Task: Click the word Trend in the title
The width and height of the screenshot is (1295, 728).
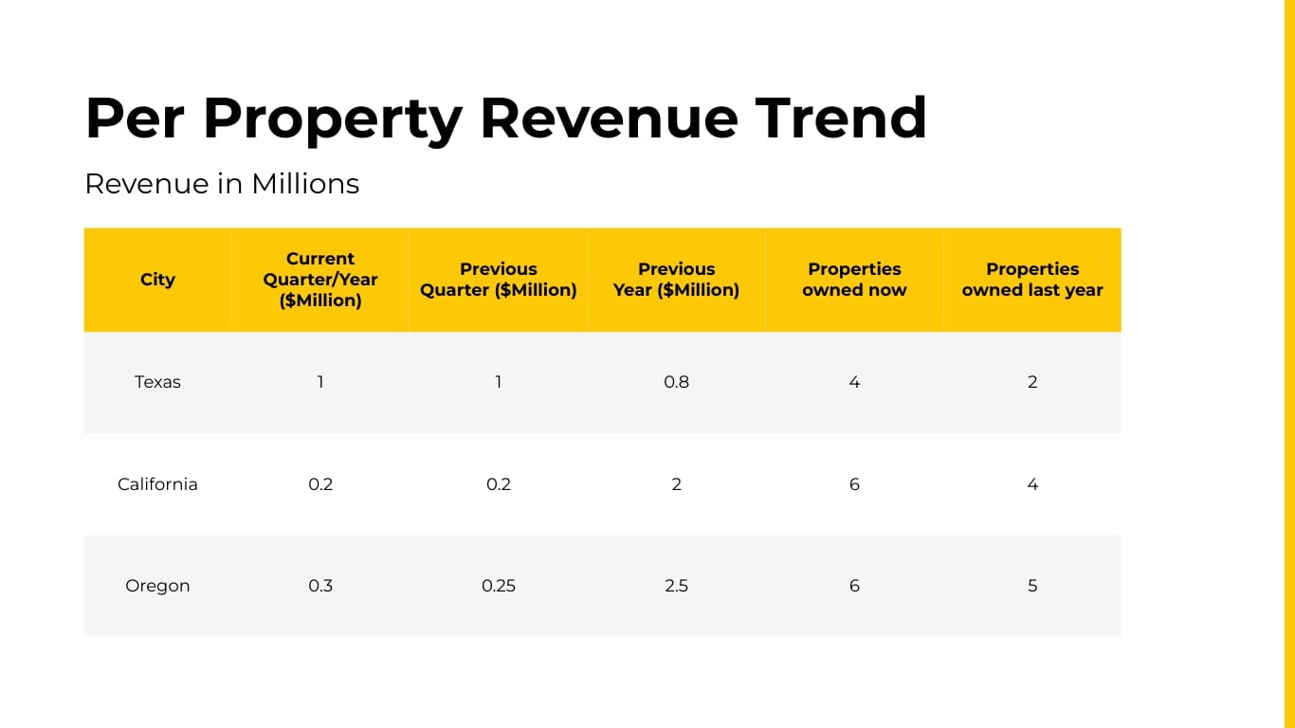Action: pyautogui.click(x=841, y=118)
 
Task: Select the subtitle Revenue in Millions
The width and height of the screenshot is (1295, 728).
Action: pyautogui.click(x=222, y=183)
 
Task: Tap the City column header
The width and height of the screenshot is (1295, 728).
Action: pyautogui.click(x=157, y=280)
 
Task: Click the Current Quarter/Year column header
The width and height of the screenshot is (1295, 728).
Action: pyautogui.click(x=320, y=280)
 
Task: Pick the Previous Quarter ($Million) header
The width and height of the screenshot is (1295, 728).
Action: pyautogui.click(x=499, y=280)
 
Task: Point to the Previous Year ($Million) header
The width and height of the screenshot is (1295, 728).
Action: pyautogui.click(x=676, y=280)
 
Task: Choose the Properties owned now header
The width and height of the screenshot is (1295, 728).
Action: pyautogui.click(x=854, y=280)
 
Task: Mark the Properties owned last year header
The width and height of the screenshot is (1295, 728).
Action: pyautogui.click(x=1032, y=280)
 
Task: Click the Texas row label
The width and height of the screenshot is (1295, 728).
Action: pyautogui.click(x=157, y=382)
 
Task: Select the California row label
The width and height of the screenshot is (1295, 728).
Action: pyautogui.click(x=157, y=484)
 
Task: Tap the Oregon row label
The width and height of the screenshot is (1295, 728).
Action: pyautogui.click(x=157, y=586)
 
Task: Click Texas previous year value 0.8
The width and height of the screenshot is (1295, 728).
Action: pyautogui.click(x=676, y=382)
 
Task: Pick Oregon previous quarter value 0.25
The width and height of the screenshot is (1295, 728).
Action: pyautogui.click(x=499, y=586)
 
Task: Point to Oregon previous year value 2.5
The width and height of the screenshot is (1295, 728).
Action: pyautogui.click(x=676, y=586)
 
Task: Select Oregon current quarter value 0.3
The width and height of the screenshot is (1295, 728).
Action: pyautogui.click(x=320, y=586)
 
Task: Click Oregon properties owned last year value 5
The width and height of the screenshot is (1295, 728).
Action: pyautogui.click(x=1032, y=586)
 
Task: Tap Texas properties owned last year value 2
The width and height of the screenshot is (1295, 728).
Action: pyautogui.click(x=1032, y=382)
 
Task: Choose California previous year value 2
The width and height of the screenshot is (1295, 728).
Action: pyautogui.click(x=676, y=484)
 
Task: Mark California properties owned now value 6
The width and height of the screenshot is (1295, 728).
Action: pyautogui.click(x=854, y=484)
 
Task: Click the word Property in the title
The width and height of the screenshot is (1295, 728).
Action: pyautogui.click(x=332, y=119)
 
